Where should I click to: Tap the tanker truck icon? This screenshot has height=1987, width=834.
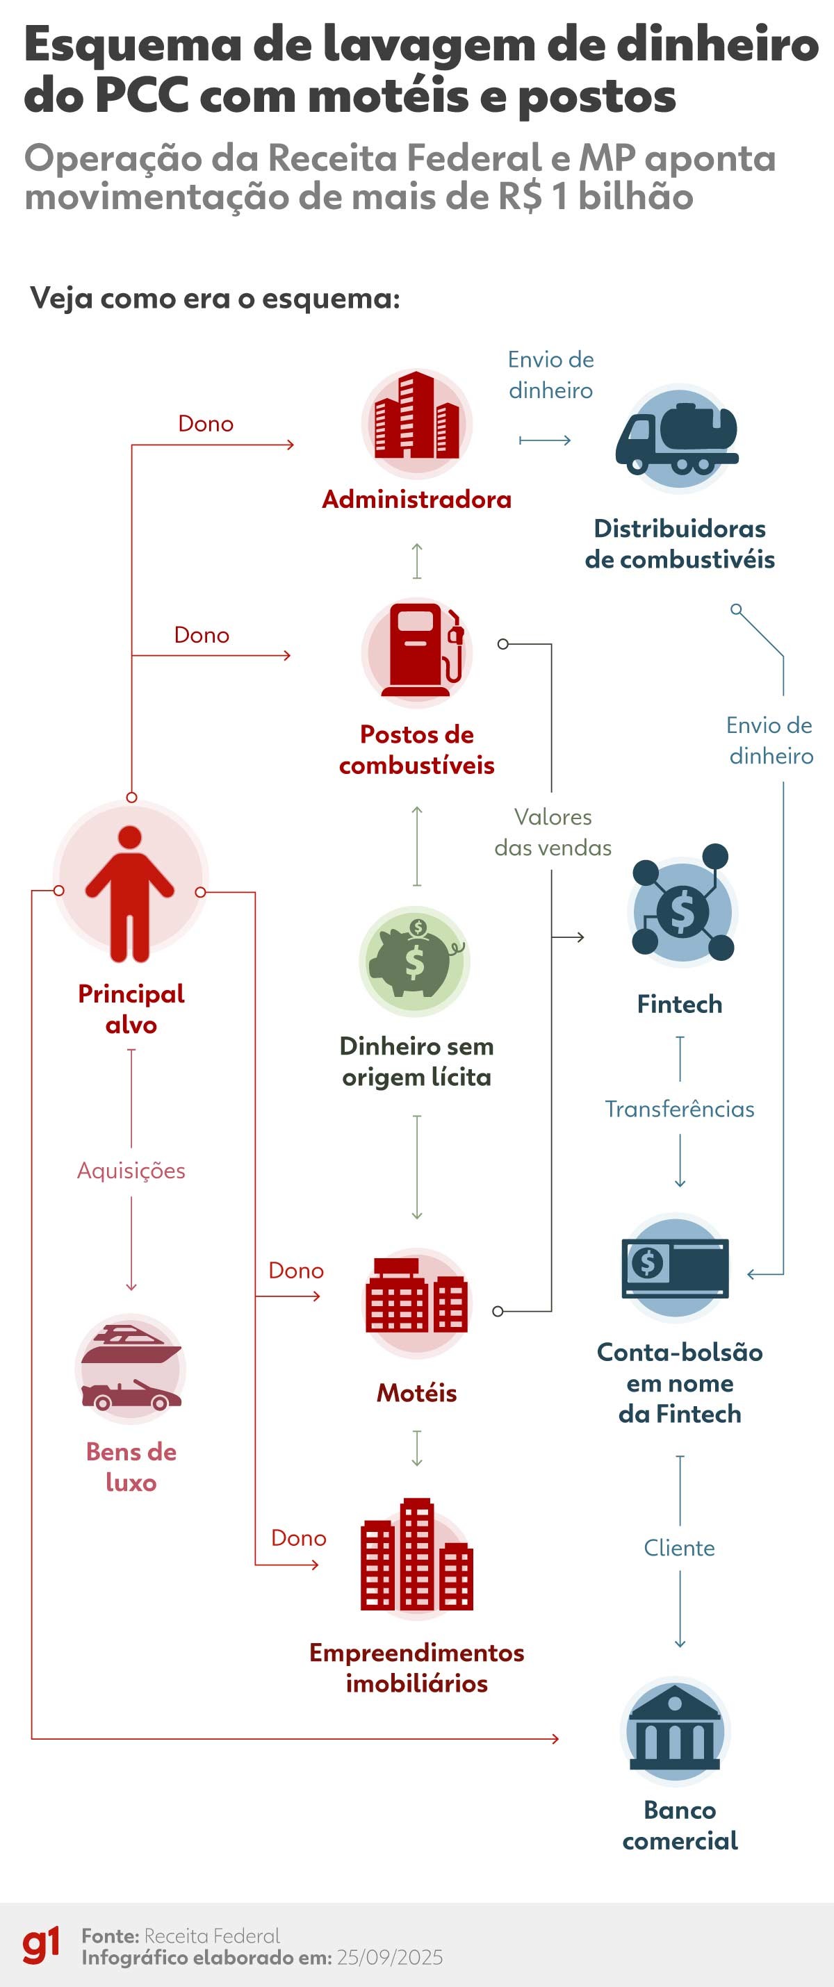coord(677,438)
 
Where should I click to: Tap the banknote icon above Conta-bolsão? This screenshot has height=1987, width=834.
coord(675,1268)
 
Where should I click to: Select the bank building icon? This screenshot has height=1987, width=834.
coord(675,1732)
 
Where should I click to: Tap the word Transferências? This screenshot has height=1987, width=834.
coord(679,1108)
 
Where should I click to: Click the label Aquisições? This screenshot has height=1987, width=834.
coord(131,1170)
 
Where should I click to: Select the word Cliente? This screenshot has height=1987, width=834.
coord(679,1547)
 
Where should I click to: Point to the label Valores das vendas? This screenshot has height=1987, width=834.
coord(553,832)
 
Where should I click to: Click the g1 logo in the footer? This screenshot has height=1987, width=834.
coord(41,1945)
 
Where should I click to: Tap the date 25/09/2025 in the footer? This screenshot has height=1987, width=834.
coord(390,1958)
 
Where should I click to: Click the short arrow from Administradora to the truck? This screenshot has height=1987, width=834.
coord(545,440)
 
